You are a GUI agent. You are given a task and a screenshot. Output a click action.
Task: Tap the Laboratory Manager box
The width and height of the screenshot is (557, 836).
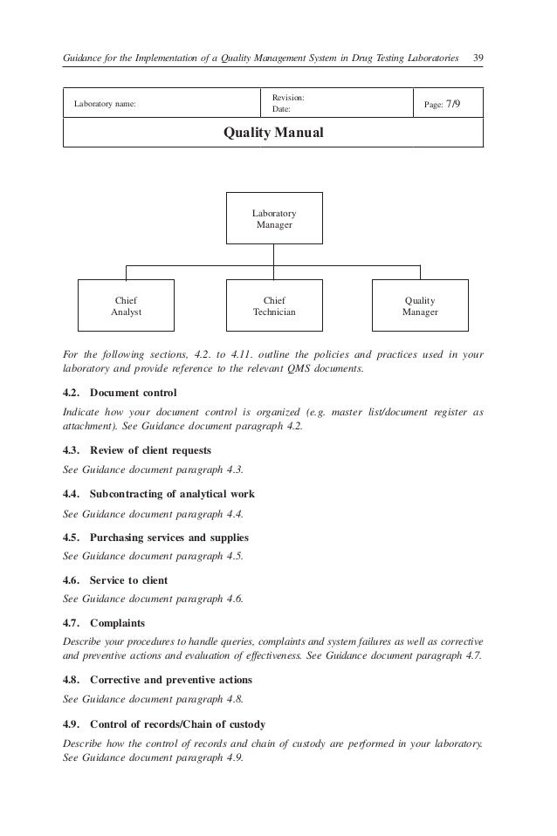pyautogui.click(x=274, y=218)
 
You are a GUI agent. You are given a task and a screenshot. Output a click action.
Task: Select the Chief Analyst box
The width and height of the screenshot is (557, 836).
pyautogui.click(x=127, y=305)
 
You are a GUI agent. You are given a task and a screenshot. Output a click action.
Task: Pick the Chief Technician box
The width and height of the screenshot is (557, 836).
pyautogui.click(x=274, y=305)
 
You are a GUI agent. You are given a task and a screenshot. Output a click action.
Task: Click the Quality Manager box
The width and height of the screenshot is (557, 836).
pyautogui.click(x=420, y=305)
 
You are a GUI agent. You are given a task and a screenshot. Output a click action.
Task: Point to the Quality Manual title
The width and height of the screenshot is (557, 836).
pyautogui.click(x=274, y=134)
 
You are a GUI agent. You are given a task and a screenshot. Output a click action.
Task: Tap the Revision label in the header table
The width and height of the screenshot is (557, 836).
pyautogui.click(x=288, y=99)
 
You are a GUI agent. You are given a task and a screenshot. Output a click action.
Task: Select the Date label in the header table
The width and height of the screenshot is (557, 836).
pyautogui.click(x=281, y=111)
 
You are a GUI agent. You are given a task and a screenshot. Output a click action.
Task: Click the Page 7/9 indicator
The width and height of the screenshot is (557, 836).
pyautogui.click(x=444, y=105)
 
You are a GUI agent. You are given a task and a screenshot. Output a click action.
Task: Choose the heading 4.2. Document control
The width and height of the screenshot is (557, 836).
pyautogui.click(x=120, y=392)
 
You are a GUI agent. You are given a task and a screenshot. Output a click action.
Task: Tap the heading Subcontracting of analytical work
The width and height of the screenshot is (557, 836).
pyautogui.click(x=159, y=494)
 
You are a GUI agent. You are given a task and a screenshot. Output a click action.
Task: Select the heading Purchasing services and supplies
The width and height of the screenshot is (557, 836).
pyautogui.click(x=156, y=537)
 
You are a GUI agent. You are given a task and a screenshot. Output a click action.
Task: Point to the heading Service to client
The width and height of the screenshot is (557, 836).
pyautogui.click(x=116, y=580)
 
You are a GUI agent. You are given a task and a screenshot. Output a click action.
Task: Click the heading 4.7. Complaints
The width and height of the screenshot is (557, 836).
pyautogui.click(x=105, y=624)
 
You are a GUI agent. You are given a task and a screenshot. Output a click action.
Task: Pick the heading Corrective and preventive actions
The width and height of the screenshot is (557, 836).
pyautogui.click(x=158, y=680)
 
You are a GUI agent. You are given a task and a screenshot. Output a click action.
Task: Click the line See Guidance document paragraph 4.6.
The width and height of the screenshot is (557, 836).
pyautogui.click(x=154, y=599)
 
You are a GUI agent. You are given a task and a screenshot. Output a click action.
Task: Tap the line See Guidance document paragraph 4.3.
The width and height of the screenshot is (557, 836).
pyautogui.click(x=154, y=469)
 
